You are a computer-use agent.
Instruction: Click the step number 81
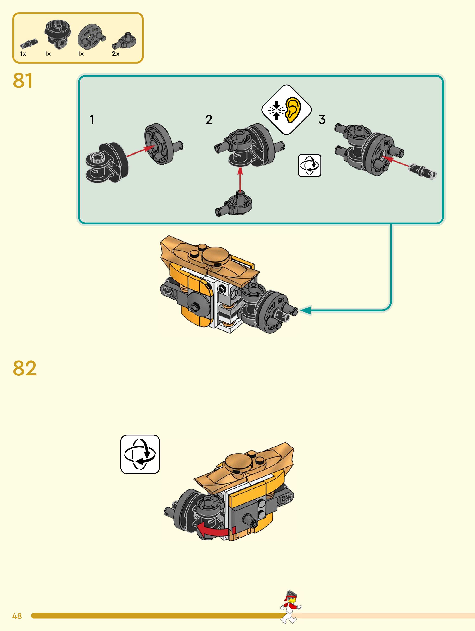pyautogui.click(x=23, y=80)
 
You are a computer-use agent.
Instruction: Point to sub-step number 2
pyautogui.click(x=209, y=120)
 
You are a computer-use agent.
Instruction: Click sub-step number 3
pyautogui.click(x=322, y=120)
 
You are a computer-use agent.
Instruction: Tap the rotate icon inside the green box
pyautogui.click(x=310, y=165)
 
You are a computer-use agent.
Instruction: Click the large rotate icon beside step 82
pyautogui.click(x=140, y=454)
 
